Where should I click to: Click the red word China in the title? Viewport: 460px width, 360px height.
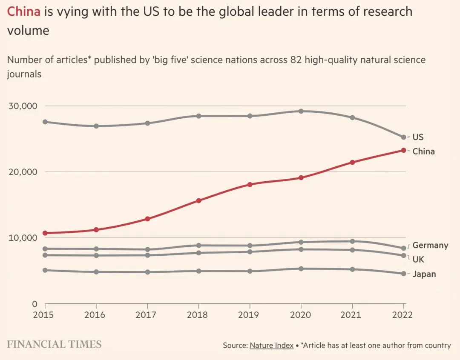[x=24, y=11]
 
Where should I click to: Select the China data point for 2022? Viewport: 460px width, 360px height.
[x=403, y=150]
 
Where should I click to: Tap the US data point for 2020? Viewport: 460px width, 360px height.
[x=301, y=111]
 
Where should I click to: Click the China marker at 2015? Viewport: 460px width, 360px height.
[x=45, y=233]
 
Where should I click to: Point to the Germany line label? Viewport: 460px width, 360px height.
[x=430, y=246]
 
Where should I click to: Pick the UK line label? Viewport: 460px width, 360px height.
[x=418, y=259]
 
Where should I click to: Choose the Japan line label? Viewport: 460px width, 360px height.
[x=424, y=274]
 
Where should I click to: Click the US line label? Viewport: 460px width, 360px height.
[x=418, y=137]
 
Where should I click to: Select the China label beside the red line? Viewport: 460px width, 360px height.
[x=423, y=151]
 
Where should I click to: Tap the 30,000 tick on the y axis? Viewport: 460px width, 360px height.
[x=23, y=106]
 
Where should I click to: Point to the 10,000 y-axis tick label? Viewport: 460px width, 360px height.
[x=23, y=237]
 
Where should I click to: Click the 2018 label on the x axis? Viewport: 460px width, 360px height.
[x=198, y=315]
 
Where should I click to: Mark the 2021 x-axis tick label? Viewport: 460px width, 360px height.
[x=352, y=315]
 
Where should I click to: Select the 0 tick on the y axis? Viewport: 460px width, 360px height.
[x=35, y=304]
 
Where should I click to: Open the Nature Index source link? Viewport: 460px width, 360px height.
[x=271, y=345]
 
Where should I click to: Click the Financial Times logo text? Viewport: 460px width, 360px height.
[x=54, y=344]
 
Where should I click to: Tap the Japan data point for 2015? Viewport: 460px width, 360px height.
[x=45, y=270]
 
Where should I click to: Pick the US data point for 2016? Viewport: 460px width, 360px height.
[x=96, y=126]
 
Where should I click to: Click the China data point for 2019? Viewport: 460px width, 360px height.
[x=250, y=184]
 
